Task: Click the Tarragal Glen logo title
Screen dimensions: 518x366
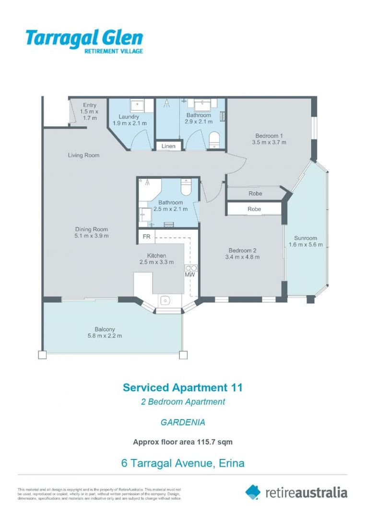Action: [x=84, y=37]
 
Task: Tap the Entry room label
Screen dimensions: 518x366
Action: [x=89, y=105]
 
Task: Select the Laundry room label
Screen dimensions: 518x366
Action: [x=129, y=117]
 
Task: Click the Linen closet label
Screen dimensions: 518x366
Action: [x=168, y=146]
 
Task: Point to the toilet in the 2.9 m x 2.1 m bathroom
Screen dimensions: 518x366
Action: [x=214, y=141]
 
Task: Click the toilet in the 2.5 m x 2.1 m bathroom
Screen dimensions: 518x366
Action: [x=186, y=185]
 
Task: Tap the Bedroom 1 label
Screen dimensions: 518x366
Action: [x=269, y=135]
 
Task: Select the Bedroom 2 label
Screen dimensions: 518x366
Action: [x=242, y=250]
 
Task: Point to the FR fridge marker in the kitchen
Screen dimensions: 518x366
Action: [x=146, y=237]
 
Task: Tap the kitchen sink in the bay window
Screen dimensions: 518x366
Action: [x=165, y=300]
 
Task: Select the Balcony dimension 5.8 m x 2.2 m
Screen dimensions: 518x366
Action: [x=105, y=336]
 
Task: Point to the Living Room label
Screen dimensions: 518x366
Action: [x=83, y=155]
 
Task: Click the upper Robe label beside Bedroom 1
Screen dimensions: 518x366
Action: [x=255, y=193]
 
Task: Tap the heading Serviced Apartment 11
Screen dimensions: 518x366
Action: [x=183, y=388]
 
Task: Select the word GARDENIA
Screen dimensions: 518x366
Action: [x=183, y=423]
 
